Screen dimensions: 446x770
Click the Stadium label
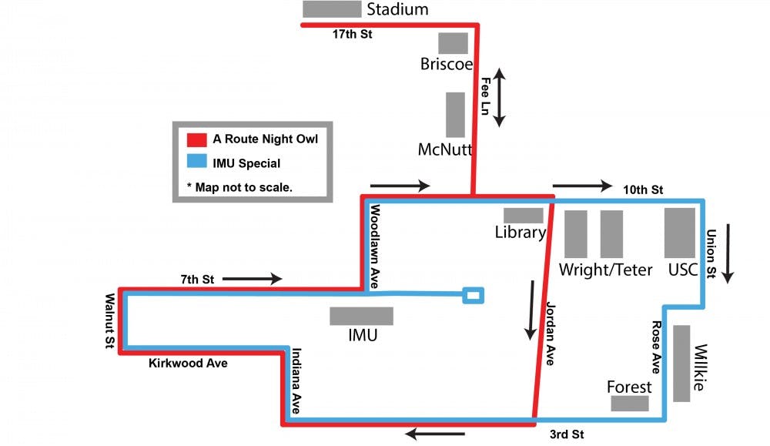397,10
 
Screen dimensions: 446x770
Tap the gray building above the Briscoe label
453,43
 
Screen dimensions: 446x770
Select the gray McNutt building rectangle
455,115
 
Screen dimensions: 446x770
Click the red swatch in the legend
197,140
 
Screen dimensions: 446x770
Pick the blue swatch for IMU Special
197,163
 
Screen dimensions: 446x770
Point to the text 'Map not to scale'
239,187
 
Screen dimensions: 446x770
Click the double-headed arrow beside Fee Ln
499,97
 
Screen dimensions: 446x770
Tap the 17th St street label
352,35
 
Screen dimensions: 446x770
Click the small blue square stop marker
474,295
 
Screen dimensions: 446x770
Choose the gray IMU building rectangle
361,316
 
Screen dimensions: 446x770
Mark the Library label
521,232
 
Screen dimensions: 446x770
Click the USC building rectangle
680,233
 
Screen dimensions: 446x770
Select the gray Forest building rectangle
630,404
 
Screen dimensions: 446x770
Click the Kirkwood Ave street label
188,363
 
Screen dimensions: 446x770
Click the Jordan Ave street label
550,333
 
